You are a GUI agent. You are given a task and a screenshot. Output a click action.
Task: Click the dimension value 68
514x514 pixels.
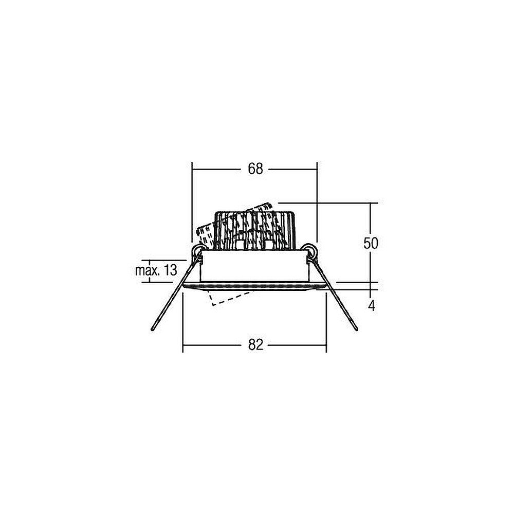pos(255,169)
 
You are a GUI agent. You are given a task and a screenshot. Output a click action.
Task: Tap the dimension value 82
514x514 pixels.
pos(255,345)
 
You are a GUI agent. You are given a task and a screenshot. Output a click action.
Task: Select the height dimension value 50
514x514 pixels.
pos(371,243)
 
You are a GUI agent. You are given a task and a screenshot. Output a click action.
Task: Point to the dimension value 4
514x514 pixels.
pos(372,306)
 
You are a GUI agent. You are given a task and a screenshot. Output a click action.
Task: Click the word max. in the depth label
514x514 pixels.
pos(146,270)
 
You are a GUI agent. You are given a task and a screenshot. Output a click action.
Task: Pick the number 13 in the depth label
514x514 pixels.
pos(170,270)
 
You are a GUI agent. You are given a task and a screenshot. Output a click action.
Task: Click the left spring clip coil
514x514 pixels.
pos(198,252)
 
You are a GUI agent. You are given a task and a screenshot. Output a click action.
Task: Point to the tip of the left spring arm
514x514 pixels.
pos(153,329)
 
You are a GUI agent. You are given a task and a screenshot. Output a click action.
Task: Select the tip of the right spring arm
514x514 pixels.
pos(356,329)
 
